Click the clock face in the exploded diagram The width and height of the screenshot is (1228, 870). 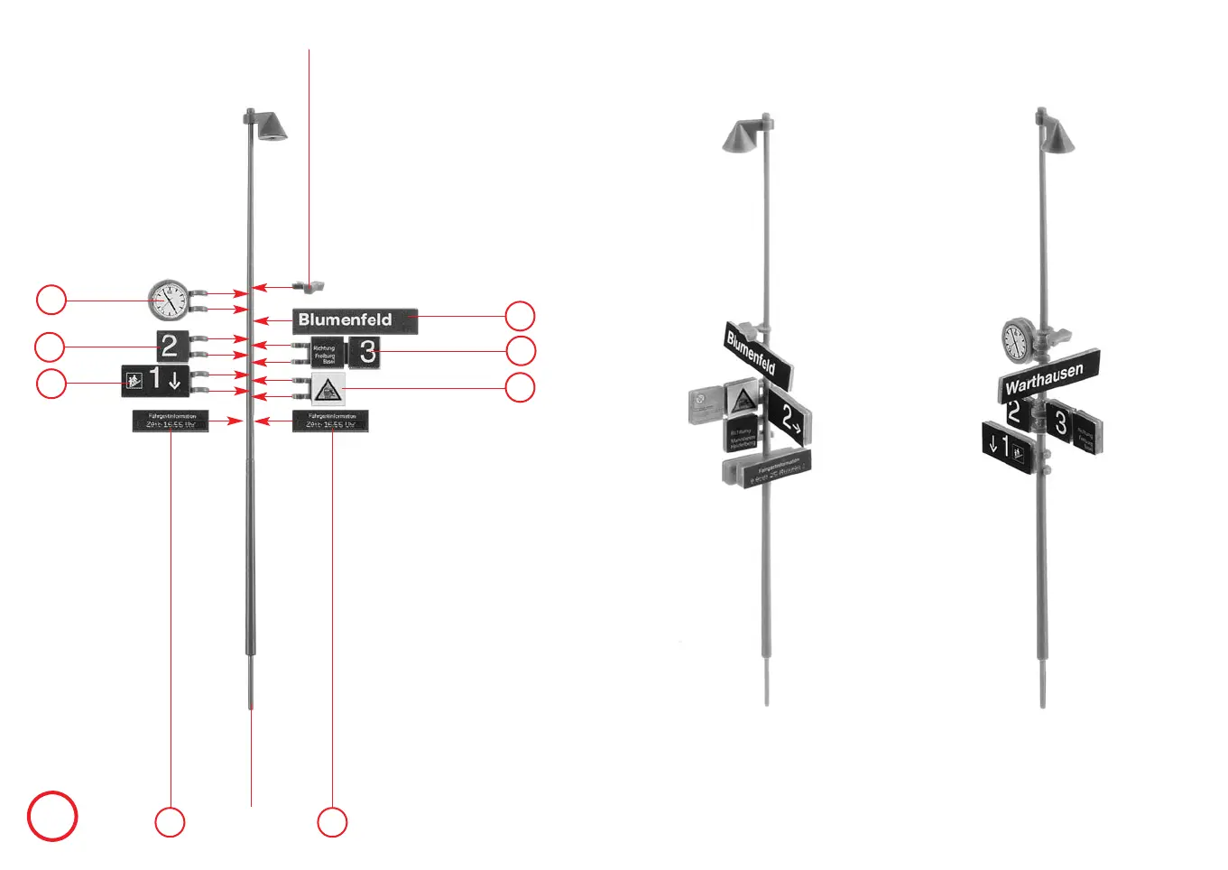pos(169,300)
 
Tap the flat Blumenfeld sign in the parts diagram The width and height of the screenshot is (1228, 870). pos(355,320)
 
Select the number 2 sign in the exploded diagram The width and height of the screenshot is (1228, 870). pos(171,347)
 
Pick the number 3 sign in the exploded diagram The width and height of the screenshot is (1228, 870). pos(365,351)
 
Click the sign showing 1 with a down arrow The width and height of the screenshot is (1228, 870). pos(155,381)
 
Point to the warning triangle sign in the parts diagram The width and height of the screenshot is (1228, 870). pos(328,389)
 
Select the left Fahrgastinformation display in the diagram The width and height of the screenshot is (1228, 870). pos(171,421)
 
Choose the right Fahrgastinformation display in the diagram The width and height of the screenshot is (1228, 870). pos(330,421)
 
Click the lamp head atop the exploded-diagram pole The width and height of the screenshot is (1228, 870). pos(271,125)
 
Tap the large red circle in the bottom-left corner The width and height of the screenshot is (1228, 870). pos(52,816)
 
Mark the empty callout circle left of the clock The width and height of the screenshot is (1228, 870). pos(51,300)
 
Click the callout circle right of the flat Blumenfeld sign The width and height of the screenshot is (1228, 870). pos(520,316)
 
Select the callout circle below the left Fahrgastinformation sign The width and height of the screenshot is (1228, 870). pos(170,822)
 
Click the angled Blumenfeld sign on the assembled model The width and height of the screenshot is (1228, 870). pos(758,353)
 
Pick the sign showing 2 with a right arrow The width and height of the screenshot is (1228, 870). pos(789,416)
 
